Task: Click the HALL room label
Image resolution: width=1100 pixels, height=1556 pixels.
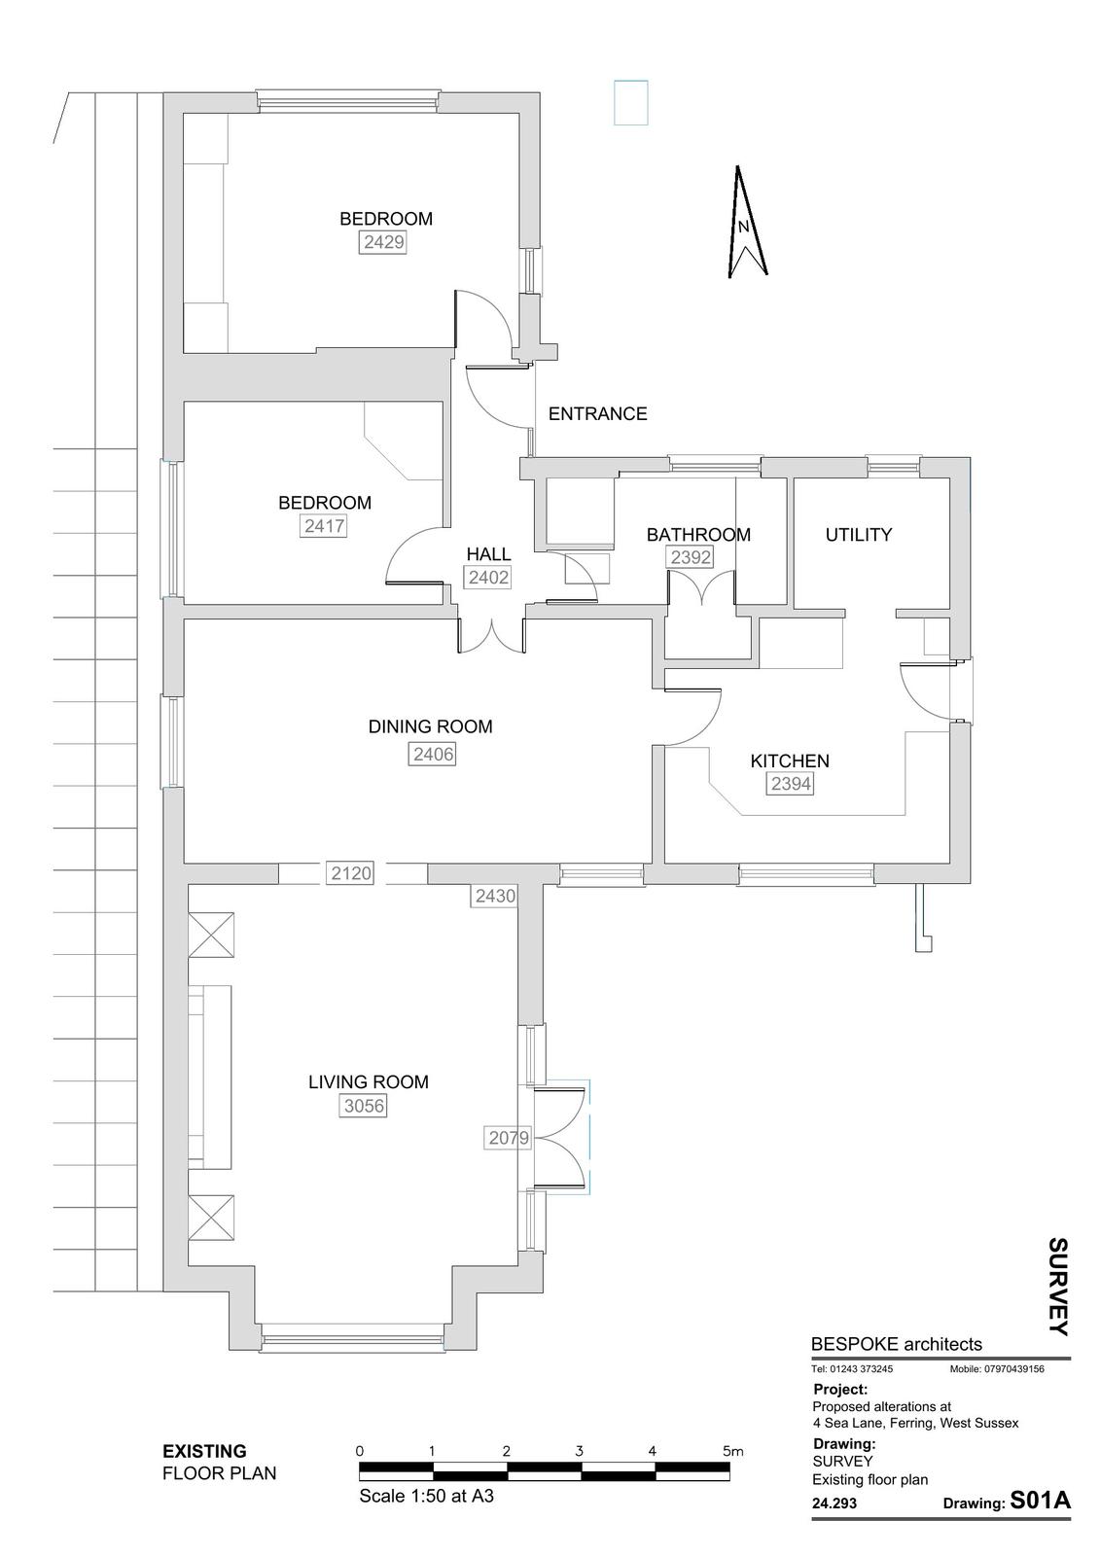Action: click(488, 553)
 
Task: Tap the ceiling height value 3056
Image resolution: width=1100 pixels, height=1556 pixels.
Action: click(364, 1105)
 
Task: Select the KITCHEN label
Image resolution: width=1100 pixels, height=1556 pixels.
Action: click(790, 760)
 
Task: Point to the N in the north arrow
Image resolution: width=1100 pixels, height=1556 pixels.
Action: click(743, 227)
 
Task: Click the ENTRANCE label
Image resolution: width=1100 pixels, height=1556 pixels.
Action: click(597, 414)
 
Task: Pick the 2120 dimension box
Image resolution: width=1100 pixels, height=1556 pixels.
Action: click(351, 872)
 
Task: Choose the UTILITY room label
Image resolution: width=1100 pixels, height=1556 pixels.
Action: click(858, 534)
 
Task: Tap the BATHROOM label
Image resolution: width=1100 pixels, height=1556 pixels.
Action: click(698, 534)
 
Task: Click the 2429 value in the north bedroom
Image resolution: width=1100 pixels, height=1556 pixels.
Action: click(383, 242)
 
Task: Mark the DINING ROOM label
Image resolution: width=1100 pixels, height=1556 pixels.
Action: click(430, 726)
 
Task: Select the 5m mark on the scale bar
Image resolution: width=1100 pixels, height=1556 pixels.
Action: click(732, 1450)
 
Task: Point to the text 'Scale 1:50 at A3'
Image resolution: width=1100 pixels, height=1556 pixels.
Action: click(426, 1495)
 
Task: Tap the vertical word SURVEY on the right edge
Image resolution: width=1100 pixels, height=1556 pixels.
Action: click(1058, 1287)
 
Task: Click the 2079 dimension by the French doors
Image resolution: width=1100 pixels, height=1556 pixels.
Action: click(509, 1138)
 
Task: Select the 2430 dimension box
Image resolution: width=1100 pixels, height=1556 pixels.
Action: click(495, 896)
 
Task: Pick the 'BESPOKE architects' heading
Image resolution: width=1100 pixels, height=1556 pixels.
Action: click(897, 1344)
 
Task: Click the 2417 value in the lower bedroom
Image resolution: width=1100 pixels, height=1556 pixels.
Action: click(325, 525)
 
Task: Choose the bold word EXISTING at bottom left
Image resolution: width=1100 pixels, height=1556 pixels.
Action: click(204, 1451)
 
